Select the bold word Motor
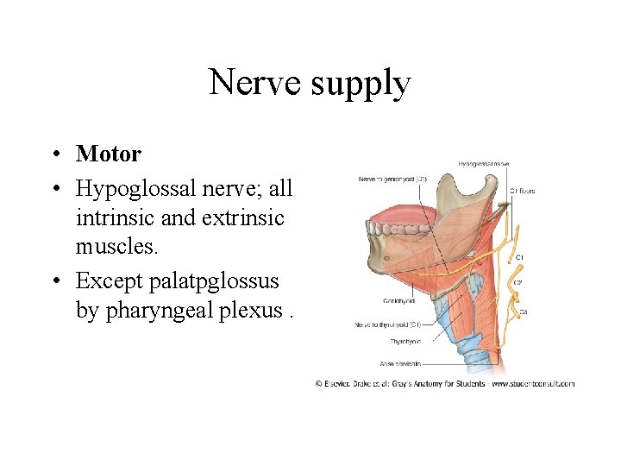click(109, 154)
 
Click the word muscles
click(116, 248)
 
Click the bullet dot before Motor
click(54, 154)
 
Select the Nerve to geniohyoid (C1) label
click(392, 179)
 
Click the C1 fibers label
click(522, 191)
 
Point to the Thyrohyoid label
click(405, 342)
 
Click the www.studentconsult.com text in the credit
click(533, 384)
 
